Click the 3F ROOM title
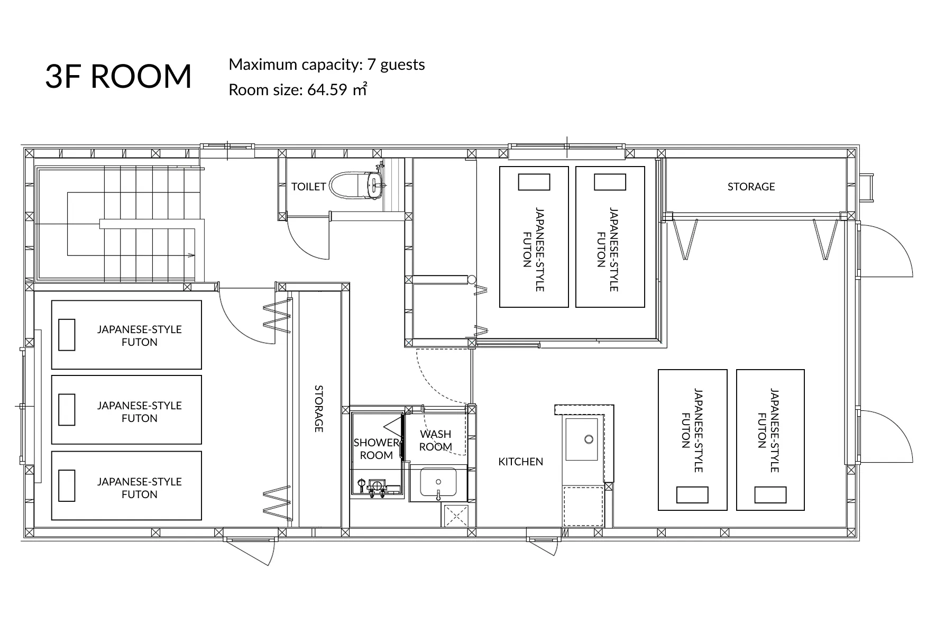coord(118,76)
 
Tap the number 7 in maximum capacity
coord(371,65)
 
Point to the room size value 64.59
coord(327,90)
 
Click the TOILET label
coord(309,187)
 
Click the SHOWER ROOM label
coord(377,449)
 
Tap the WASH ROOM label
coord(436,441)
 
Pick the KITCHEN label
coord(521,462)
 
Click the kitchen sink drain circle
coord(589,439)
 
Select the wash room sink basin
coord(438,483)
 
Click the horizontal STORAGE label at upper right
coord(751,187)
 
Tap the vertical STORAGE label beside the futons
coord(319,409)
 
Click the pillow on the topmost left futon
coord(67,335)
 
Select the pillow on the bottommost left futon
coord(67,485)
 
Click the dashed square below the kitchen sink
coord(583,507)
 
